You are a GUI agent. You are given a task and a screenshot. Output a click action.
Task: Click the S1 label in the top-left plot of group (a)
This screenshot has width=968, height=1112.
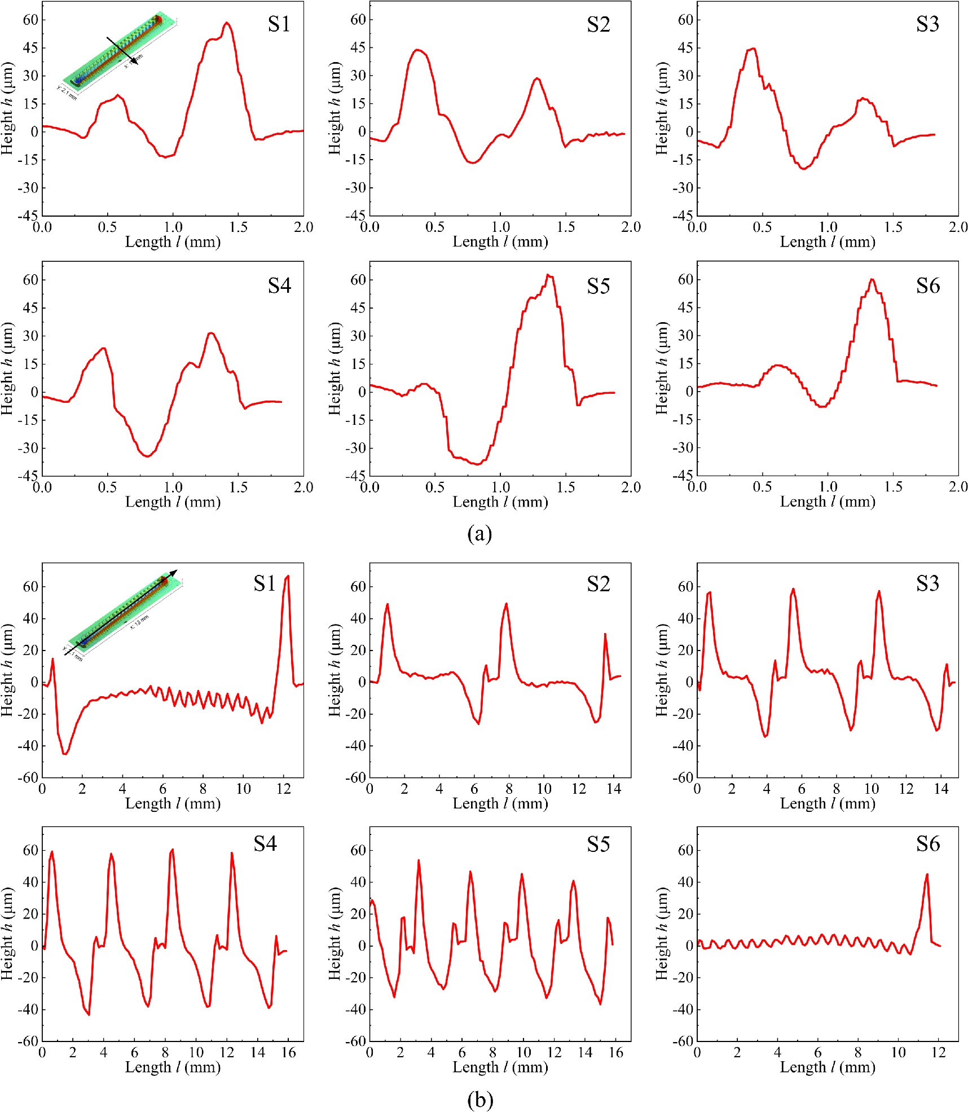(x=279, y=24)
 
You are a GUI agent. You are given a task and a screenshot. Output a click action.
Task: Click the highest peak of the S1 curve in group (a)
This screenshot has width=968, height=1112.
(x=227, y=24)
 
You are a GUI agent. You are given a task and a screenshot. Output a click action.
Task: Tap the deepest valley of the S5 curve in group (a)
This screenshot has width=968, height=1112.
(x=477, y=464)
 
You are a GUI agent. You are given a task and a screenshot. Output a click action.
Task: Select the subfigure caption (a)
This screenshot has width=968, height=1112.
(x=479, y=533)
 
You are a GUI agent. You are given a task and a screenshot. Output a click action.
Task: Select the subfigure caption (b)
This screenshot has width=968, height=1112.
(x=479, y=1100)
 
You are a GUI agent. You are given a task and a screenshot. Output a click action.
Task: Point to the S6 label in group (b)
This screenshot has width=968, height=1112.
(x=927, y=844)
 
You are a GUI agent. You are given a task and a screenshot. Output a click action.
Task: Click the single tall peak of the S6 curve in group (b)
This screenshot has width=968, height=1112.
(x=926, y=875)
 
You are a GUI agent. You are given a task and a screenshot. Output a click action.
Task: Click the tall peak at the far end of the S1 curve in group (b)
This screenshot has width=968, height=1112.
(x=288, y=577)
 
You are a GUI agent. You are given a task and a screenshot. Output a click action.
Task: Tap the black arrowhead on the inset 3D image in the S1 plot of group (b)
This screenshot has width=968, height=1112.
(x=174, y=573)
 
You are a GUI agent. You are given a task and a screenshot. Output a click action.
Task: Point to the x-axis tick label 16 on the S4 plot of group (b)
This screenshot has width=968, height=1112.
(x=288, y=1053)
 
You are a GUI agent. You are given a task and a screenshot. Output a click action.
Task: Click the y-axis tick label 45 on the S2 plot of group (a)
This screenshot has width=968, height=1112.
(x=358, y=48)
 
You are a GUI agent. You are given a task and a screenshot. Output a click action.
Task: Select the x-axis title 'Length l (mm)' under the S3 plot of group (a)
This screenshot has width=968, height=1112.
(x=828, y=242)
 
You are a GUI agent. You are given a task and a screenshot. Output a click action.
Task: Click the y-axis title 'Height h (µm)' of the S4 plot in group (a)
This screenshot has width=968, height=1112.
(x=7, y=368)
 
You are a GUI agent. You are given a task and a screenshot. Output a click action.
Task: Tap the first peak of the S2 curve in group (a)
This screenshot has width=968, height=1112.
(x=417, y=50)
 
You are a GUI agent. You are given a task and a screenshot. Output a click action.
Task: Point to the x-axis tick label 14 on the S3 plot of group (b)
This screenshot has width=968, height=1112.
(x=941, y=789)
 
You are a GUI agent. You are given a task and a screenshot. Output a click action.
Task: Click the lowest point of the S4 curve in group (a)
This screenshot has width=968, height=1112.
(x=147, y=456)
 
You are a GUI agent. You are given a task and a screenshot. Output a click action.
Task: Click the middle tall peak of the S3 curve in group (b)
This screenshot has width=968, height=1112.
(x=793, y=590)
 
